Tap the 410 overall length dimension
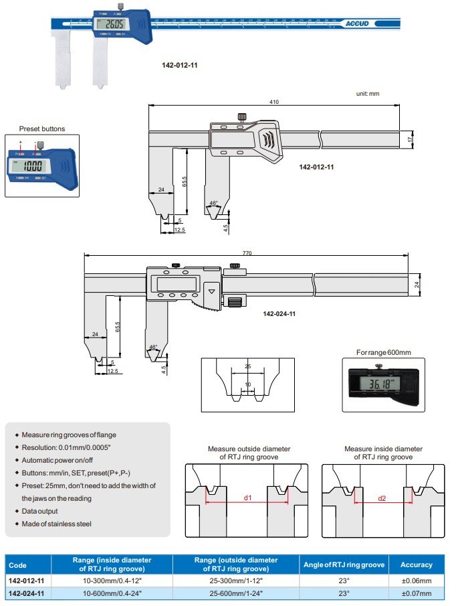click(x=274, y=102)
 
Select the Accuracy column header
click(x=416, y=564)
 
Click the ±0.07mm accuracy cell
click(x=416, y=593)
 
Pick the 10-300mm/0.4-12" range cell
click(x=112, y=581)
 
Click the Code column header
click(x=17, y=564)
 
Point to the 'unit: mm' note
click(x=367, y=94)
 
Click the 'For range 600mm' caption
click(x=383, y=352)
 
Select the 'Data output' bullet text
click(x=39, y=511)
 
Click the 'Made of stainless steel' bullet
click(x=56, y=524)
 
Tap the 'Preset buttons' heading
click(x=42, y=129)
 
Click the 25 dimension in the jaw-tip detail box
click(x=247, y=367)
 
